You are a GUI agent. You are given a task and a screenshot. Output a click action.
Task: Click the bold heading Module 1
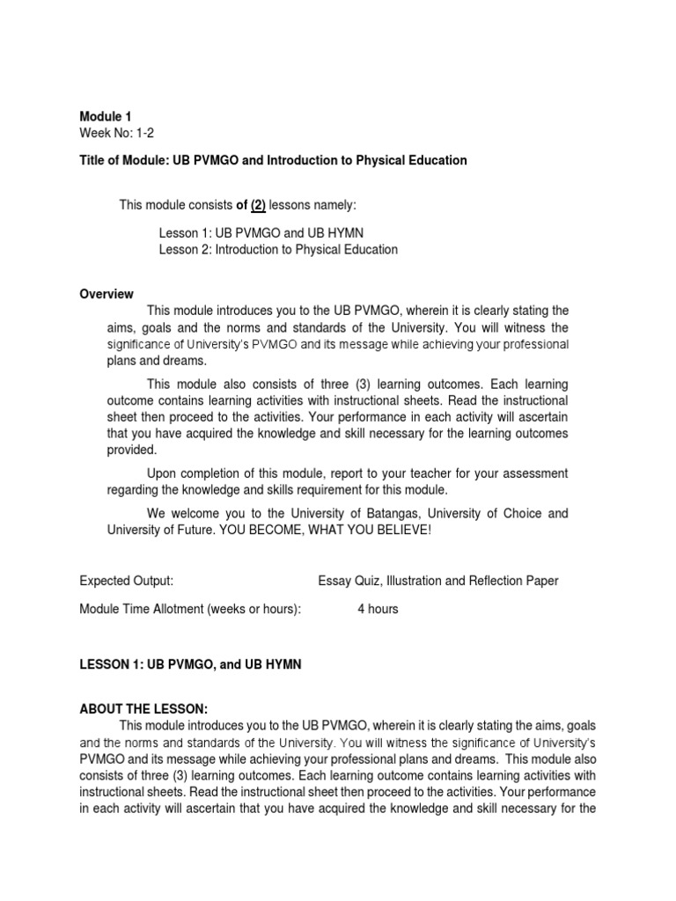tap(106, 116)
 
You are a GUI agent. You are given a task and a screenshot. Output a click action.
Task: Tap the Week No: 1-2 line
tap(117, 132)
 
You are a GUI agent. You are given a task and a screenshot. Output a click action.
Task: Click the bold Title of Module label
tap(132, 160)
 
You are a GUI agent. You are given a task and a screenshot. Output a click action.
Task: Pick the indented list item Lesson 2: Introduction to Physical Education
tap(278, 249)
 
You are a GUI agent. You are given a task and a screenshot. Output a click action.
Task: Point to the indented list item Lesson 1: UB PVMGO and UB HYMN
tap(261, 232)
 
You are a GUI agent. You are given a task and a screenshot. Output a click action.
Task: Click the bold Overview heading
tap(107, 294)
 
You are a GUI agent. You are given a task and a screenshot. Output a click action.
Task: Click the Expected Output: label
tap(126, 581)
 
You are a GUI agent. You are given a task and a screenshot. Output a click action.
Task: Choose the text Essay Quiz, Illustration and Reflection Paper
tap(437, 581)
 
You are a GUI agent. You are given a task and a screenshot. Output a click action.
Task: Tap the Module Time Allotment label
tap(190, 609)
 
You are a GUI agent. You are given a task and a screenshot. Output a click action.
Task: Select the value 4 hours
tap(378, 609)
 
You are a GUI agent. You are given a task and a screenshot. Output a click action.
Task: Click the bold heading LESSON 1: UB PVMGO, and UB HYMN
tap(190, 665)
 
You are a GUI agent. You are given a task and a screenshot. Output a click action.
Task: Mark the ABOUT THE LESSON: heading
tap(143, 709)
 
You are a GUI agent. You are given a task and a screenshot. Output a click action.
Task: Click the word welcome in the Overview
tap(194, 513)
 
